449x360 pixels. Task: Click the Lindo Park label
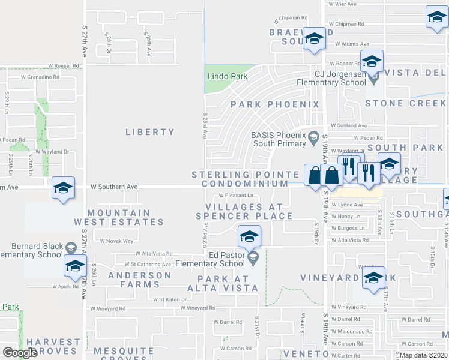pos(228,77)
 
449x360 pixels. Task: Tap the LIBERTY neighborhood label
pos(150,132)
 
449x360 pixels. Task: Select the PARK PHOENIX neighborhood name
pos(276,104)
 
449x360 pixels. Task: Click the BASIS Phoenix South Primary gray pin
pos(313,139)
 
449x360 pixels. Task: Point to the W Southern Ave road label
pos(114,187)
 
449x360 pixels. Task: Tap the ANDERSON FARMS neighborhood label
pos(140,280)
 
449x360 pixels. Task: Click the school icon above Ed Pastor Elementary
pos(249,236)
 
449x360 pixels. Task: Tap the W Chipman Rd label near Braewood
pos(291,19)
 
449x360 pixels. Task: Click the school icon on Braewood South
pos(313,39)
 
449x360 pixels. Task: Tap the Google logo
pos(20,353)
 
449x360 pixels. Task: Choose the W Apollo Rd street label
pos(66,286)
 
